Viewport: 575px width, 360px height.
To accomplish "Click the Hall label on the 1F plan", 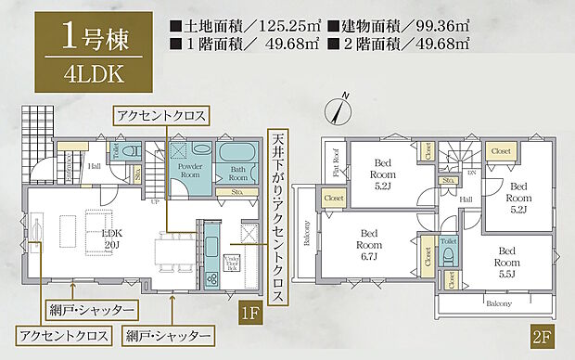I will [x=95, y=167].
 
